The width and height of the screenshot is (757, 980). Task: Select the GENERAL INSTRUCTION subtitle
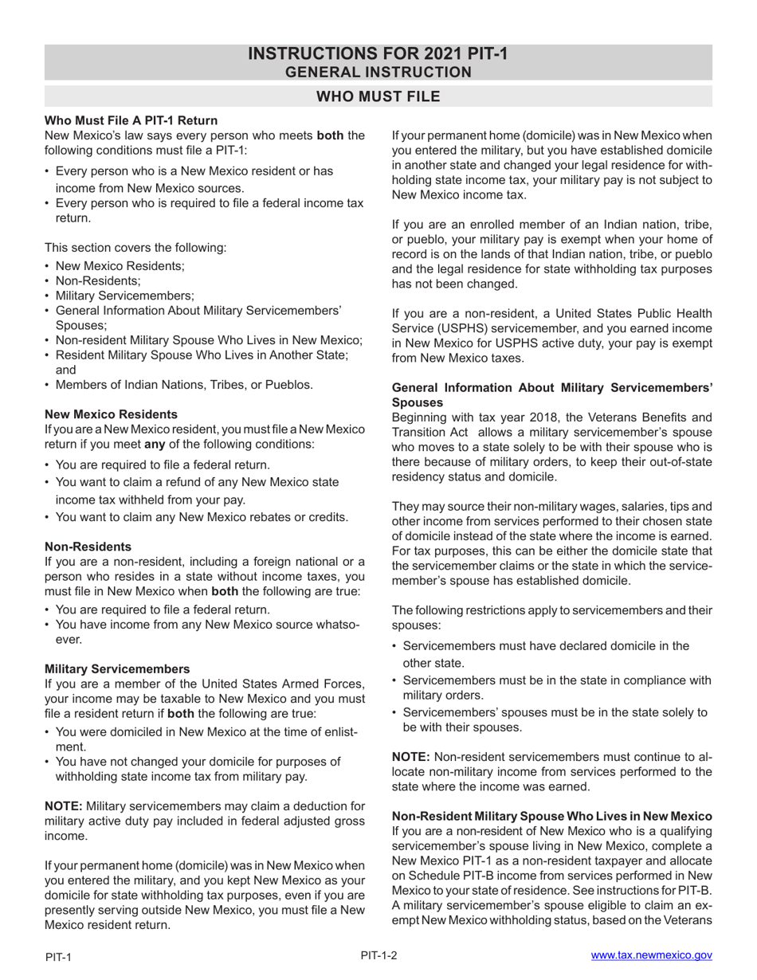[x=378, y=73]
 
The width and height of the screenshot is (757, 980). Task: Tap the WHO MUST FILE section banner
[x=378, y=96]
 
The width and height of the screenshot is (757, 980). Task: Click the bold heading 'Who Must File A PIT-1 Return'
[x=131, y=120]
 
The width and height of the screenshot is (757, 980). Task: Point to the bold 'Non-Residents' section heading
[x=88, y=547]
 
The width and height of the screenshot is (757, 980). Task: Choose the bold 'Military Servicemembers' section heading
[x=117, y=668]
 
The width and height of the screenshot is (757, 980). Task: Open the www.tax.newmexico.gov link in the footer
[x=651, y=955]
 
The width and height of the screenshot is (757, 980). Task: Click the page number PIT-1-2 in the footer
[x=378, y=955]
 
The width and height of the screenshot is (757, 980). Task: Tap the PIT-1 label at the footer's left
[x=58, y=957]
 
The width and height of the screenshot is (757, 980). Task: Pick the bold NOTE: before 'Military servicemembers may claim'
[x=64, y=806]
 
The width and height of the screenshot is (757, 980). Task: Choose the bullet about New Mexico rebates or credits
[x=202, y=517]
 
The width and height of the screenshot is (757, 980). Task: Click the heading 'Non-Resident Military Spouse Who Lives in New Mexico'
[x=551, y=816]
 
